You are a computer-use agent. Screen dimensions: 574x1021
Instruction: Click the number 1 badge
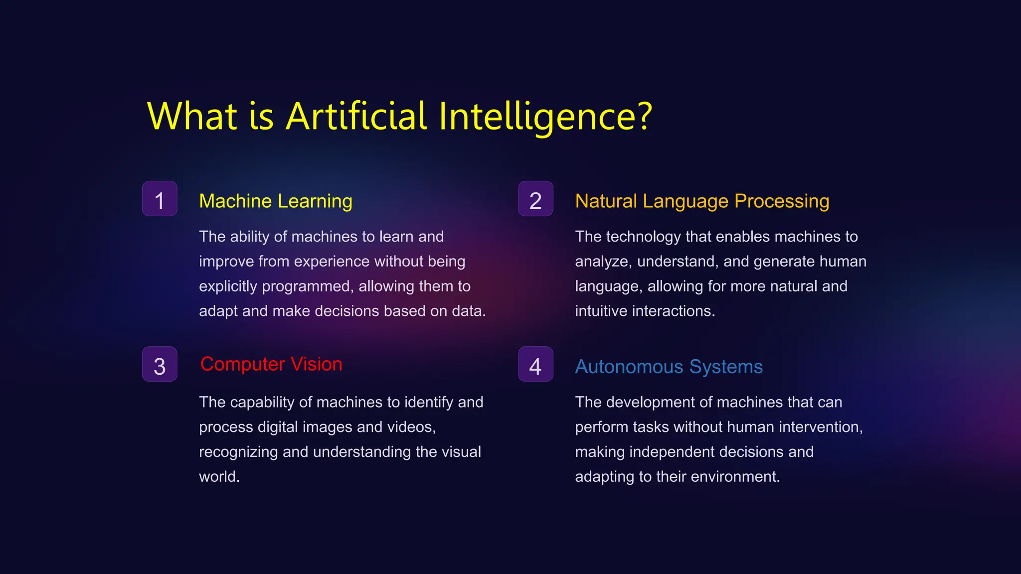[x=160, y=199]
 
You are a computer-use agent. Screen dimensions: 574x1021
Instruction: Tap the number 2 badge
[x=535, y=199]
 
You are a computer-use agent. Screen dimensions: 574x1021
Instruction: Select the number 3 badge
[x=160, y=364]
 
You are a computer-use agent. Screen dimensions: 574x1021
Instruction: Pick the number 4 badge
[x=535, y=364]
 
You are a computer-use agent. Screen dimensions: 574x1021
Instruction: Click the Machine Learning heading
[x=276, y=201]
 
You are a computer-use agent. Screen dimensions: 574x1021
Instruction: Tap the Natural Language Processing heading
[x=702, y=201]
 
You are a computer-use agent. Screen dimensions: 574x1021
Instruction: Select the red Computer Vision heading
[x=271, y=364]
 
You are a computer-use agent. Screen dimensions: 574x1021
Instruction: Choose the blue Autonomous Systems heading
[x=669, y=367]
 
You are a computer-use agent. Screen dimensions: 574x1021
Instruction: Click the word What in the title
[x=192, y=116]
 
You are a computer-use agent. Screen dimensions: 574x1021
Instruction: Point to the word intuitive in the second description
[x=601, y=311]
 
